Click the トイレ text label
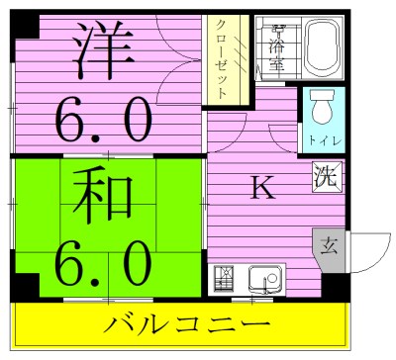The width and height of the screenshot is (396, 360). pyautogui.click(x=319, y=140)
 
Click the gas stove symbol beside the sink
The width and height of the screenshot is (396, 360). pyautogui.click(x=225, y=280)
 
